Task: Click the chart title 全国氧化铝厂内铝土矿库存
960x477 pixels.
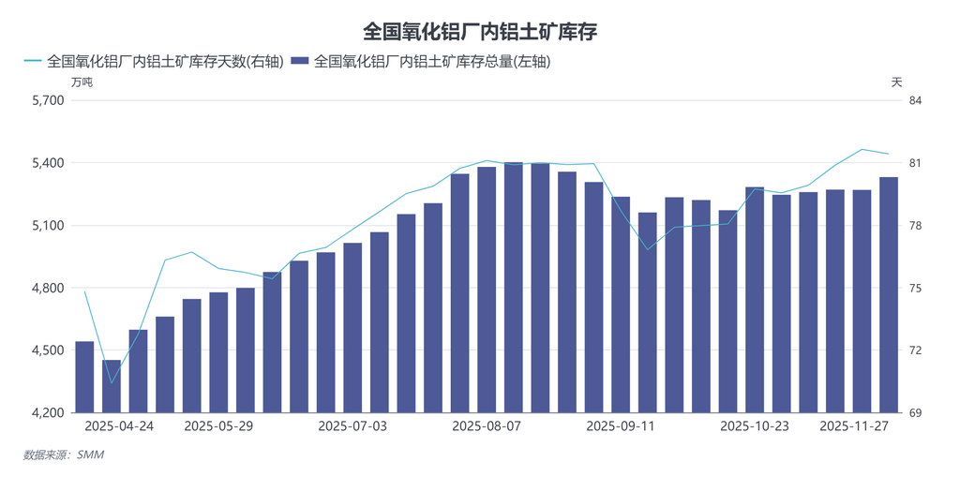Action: (x=479, y=31)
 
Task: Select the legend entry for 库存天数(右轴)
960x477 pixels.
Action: (x=154, y=62)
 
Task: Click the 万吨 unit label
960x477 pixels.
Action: (x=82, y=82)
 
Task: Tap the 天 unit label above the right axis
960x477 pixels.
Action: (x=896, y=82)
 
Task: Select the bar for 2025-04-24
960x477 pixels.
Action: (x=112, y=386)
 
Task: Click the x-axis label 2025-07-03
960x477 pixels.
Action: (x=352, y=425)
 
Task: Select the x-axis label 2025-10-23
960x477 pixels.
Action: (x=755, y=425)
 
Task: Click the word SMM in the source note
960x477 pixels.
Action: (x=91, y=455)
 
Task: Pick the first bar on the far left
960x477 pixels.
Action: (x=84, y=377)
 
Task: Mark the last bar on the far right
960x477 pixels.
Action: (x=889, y=294)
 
